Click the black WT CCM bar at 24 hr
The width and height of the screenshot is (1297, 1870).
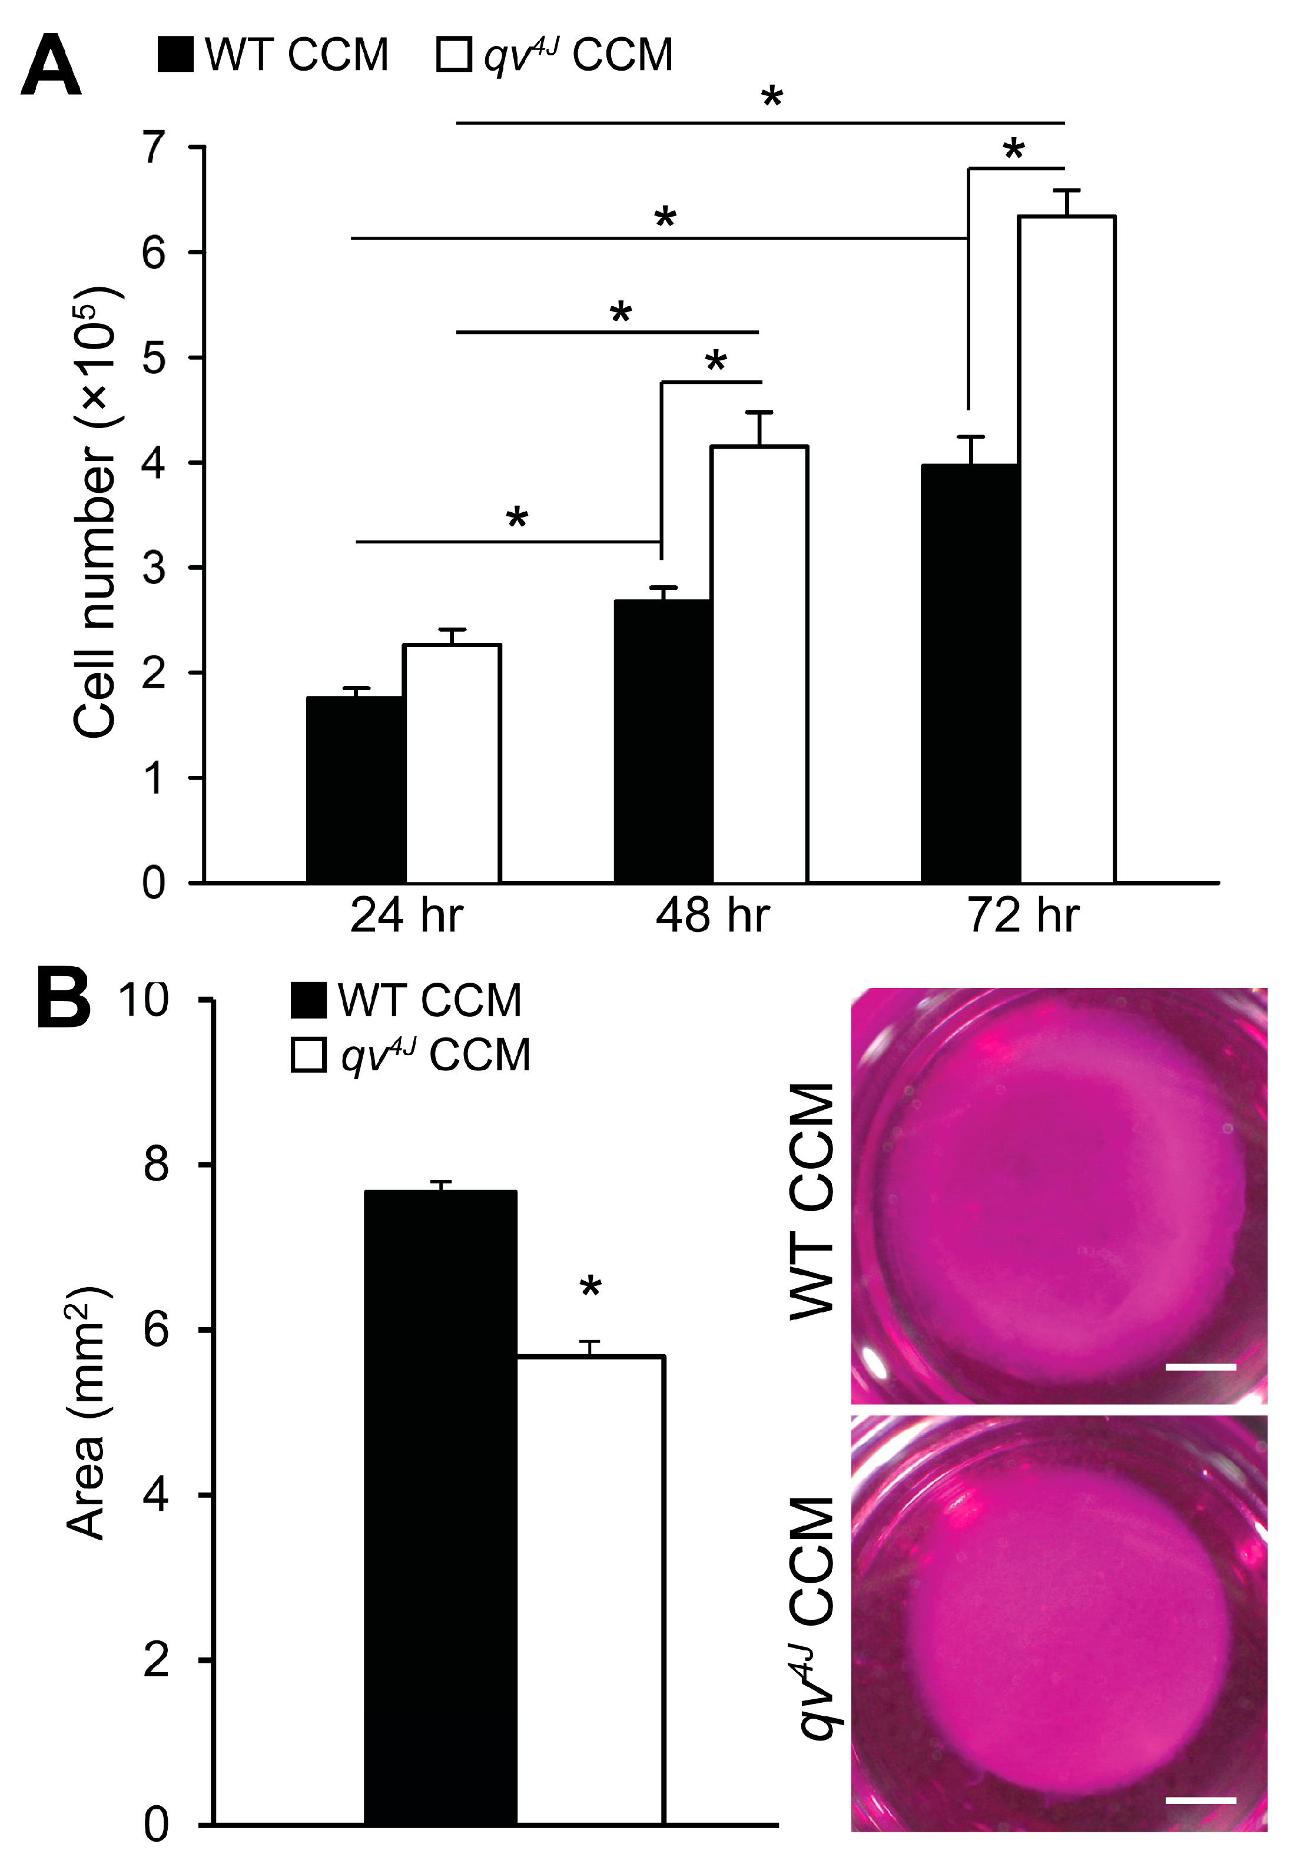pos(356,788)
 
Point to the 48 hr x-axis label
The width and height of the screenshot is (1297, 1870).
pos(713,916)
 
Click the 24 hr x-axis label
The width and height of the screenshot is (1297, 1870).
pos(406,916)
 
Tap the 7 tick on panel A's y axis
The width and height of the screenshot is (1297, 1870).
pos(154,148)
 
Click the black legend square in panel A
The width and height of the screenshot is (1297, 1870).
pos(175,54)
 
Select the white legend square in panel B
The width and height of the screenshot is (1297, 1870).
pos(309,1056)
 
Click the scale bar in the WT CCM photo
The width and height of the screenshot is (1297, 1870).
pos(1200,1367)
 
